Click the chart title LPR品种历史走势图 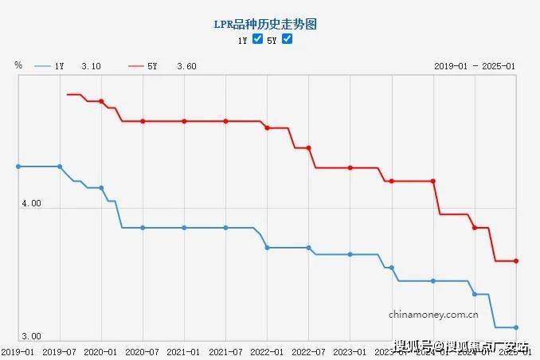(270, 25)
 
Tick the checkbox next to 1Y (257, 39)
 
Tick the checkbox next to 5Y (288, 39)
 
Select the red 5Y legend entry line (135, 66)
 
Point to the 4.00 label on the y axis (30, 204)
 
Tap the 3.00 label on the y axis (30, 337)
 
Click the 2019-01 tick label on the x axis (18, 351)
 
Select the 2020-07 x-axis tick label (143, 351)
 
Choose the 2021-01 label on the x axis (184, 351)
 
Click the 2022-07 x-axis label (308, 351)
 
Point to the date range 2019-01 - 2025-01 (475, 66)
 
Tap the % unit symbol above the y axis (18, 65)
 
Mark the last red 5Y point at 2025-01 (516, 260)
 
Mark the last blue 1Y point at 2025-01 (516, 327)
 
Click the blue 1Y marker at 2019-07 (60, 166)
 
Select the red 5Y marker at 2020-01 (101, 101)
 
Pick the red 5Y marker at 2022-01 (267, 127)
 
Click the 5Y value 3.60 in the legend (186, 66)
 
